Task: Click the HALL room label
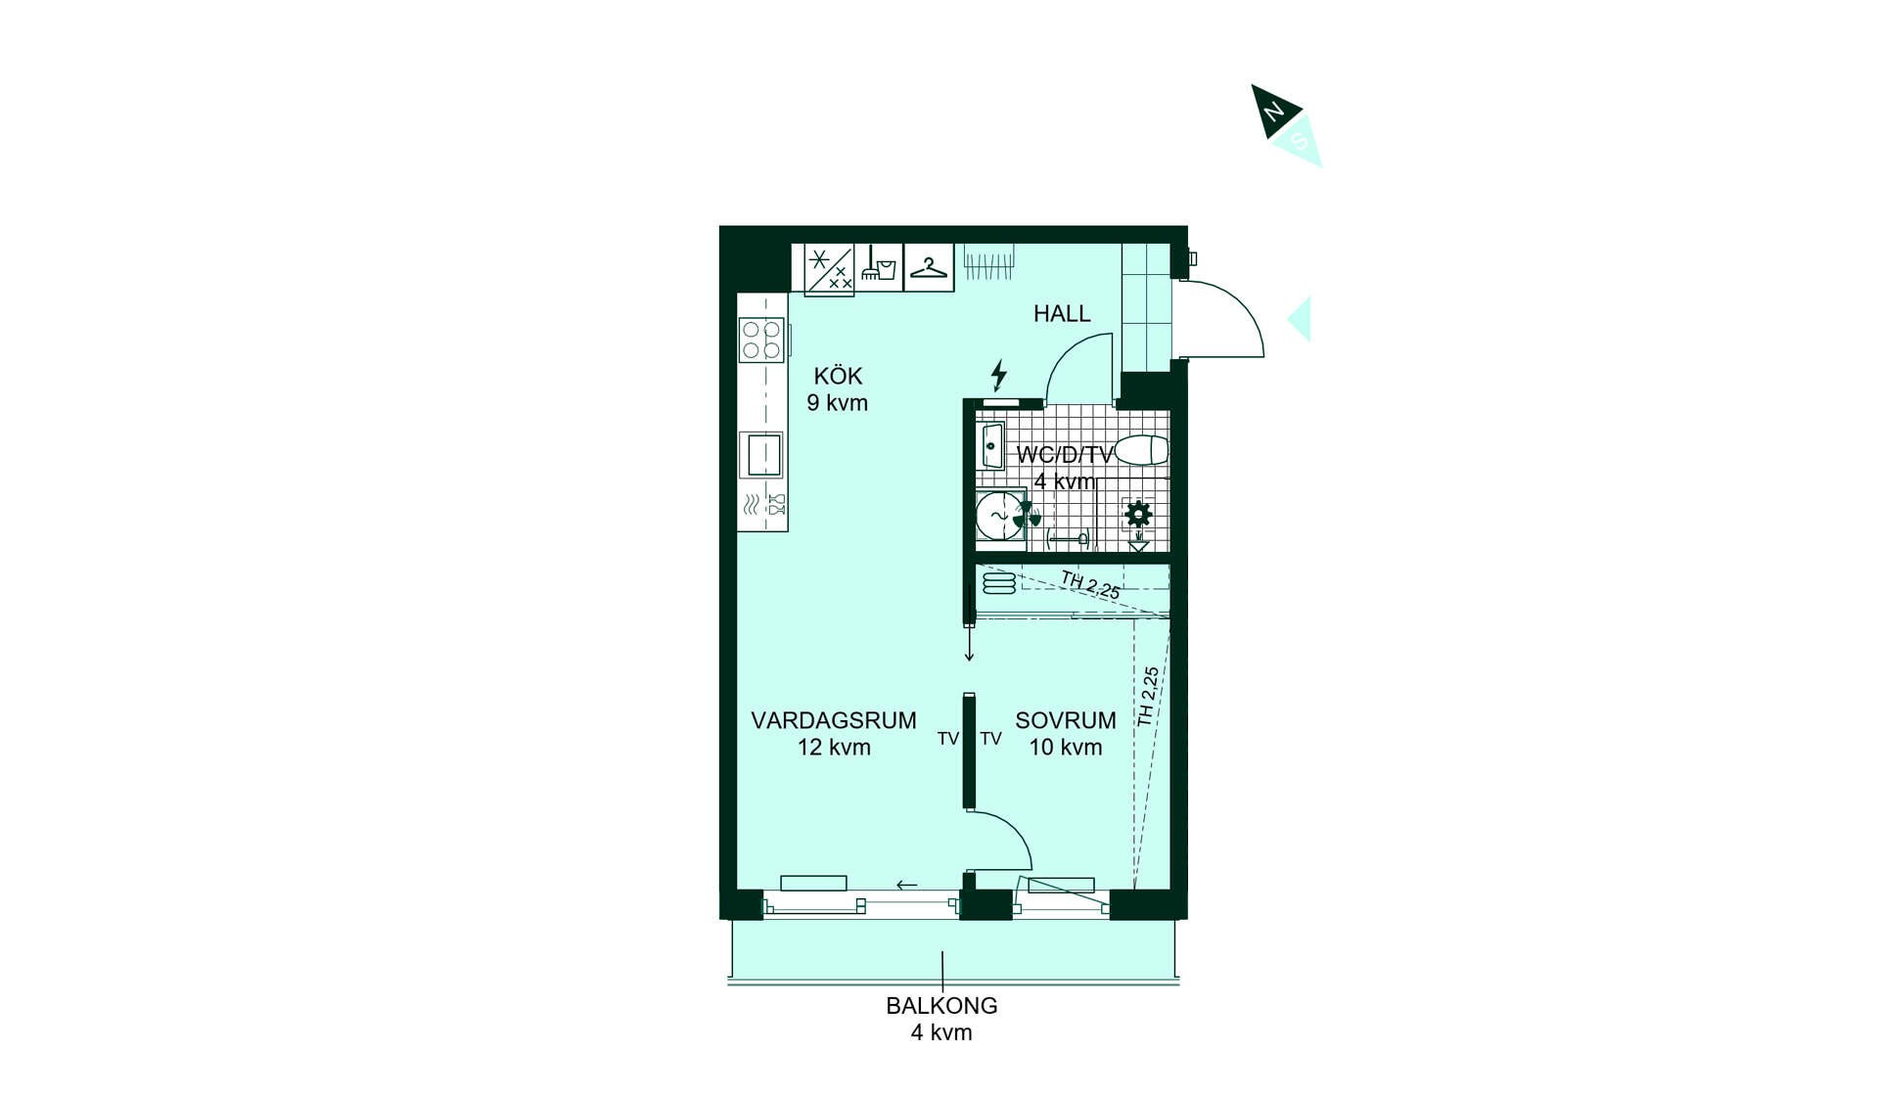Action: pos(1062,313)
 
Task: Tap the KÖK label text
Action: pos(838,376)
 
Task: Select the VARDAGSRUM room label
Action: pos(834,720)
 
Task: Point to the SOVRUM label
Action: pos(1066,720)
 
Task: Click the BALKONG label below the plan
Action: pos(941,1005)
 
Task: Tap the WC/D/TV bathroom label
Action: pos(1065,455)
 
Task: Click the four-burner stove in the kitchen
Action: pos(761,340)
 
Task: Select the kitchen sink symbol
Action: pos(762,454)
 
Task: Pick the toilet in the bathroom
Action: pos(1142,450)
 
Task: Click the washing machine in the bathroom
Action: pos(999,515)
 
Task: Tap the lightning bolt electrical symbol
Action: pos(998,375)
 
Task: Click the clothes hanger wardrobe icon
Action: pos(928,267)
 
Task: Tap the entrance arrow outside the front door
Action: pos(1299,319)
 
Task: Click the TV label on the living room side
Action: pos(948,739)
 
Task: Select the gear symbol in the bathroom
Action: pos(1138,514)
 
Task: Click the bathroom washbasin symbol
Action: pos(991,446)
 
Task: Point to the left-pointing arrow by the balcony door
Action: pos(907,886)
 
